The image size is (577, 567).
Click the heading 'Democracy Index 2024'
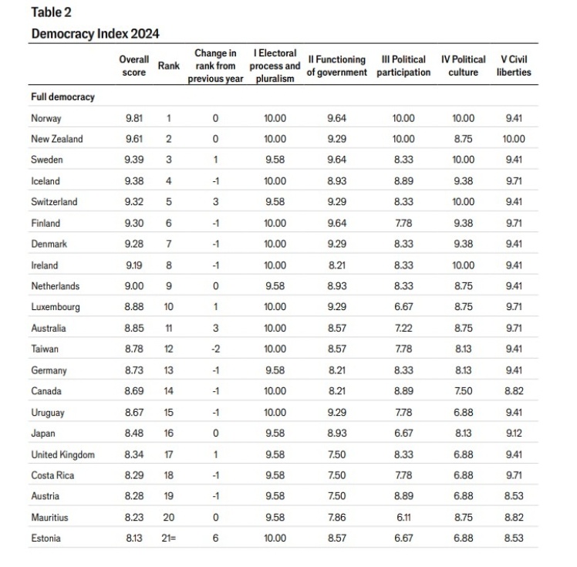(95, 34)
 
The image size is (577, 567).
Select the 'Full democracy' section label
(62, 97)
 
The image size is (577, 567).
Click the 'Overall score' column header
(133, 66)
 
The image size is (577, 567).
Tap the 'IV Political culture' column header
(463, 66)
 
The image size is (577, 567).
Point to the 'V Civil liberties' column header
(514, 66)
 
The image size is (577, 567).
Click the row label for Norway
(46, 119)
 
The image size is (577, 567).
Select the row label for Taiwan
(46, 349)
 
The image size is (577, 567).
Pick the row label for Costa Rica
(52, 475)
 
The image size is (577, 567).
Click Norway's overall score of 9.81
(133, 119)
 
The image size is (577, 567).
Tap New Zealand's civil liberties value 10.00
(514, 140)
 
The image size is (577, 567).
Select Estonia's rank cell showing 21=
(170, 538)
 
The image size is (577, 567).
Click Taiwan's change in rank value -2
(215, 349)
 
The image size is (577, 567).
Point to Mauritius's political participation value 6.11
(403, 518)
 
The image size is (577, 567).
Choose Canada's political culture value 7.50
(463, 391)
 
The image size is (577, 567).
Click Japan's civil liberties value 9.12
(514, 434)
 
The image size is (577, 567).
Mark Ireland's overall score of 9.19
(133, 265)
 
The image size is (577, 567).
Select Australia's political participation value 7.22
(403, 329)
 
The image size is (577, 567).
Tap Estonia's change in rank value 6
(215, 538)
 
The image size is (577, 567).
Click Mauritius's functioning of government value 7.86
(336, 518)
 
